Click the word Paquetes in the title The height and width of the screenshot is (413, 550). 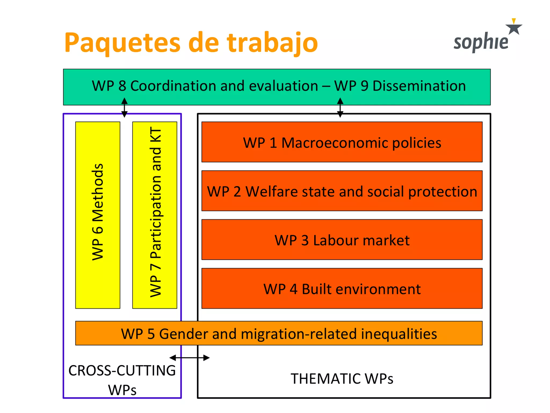pyautogui.click(x=122, y=43)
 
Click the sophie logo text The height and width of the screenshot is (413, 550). pyautogui.click(x=481, y=42)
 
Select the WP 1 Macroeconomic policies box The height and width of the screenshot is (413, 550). pyautogui.click(x=342, y=142)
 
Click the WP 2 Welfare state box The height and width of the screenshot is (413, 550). pyautogui.click(x=342, y=191)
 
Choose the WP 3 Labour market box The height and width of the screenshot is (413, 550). pyautogui.click(x=342, y=240)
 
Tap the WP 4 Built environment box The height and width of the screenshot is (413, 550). pyautogui.click(x=342, y=289)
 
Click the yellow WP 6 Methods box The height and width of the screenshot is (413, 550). pyautogui.click(x=98, y=215)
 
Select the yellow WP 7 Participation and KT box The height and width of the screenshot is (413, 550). pyautogui.click(x=155, y=215)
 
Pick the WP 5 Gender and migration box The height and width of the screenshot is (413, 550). pyautogui.click(x=279, y=333)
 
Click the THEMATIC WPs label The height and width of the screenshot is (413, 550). pyautogui.click(x=342, y=379)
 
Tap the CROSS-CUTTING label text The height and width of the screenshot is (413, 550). pyautogui.click(x=122, y=371)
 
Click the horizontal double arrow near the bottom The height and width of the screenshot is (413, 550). pyautogui.click(x=190, y=358)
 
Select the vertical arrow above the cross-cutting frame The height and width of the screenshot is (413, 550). pyautogui.click(x=124, y=108)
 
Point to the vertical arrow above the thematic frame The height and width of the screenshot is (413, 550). pyautogui.click(x=340, y=108)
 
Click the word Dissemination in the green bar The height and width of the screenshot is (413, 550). pyautogui.click(x=419, y=86)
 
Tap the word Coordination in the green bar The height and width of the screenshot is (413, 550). pyautogui.click(x=173, y=86)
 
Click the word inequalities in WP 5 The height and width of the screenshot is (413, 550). pyautogui.click(x=399, y=334)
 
